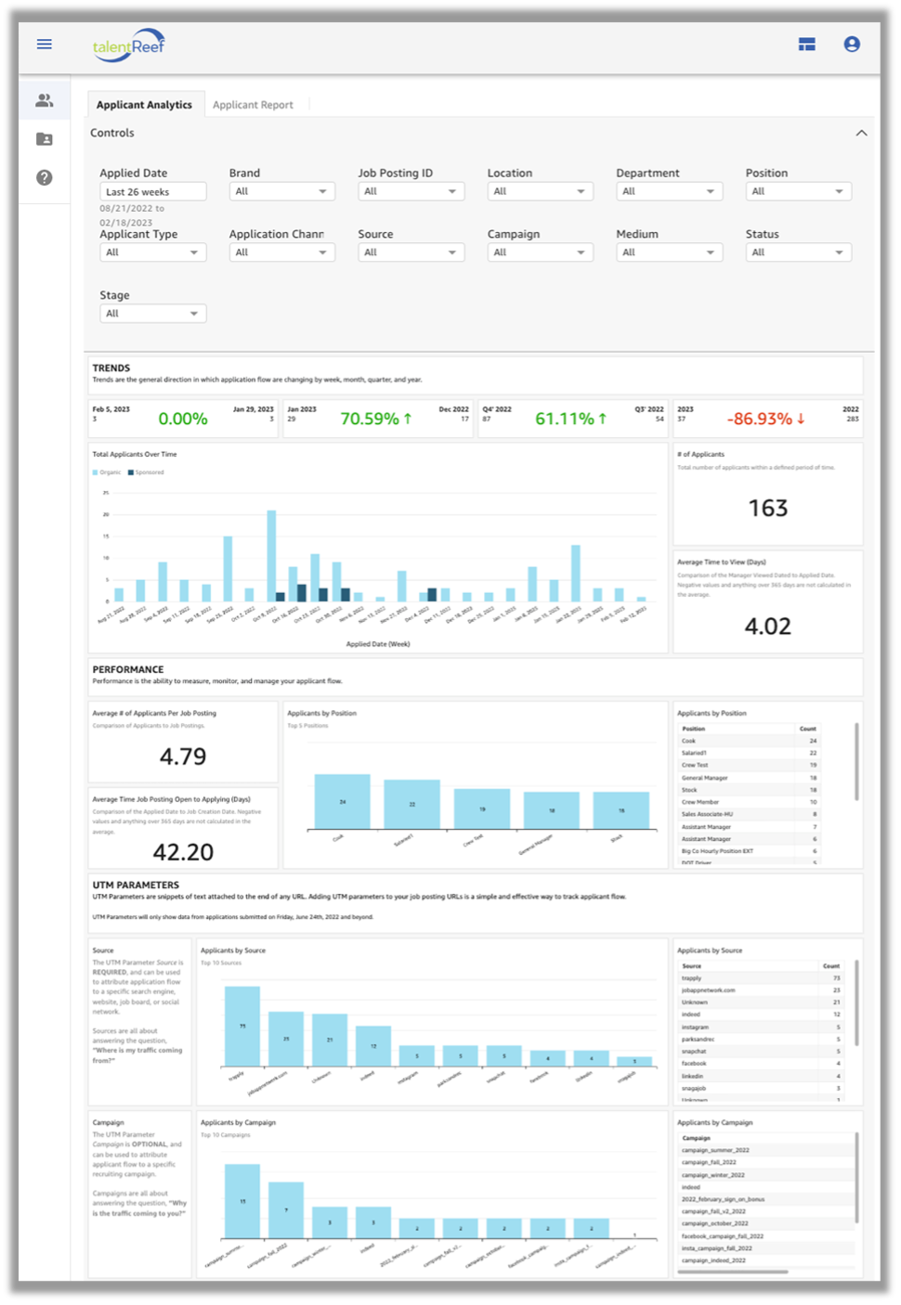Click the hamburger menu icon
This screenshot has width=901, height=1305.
(x=45, y=44)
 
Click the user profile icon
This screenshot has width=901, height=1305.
(x=851, y=44)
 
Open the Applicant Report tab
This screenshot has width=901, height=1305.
(x=253, y=105)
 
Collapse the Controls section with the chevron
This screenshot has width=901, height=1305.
(x=861, y=133)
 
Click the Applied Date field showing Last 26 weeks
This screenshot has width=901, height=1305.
(x=152, y=192)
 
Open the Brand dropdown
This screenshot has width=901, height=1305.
(x=281, y=191)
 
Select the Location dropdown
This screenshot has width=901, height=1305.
(x=540, y=191)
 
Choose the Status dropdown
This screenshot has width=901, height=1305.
(x=798, y=252)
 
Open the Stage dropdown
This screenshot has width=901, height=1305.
(x=152, y=314)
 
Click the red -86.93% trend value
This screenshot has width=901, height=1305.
(x=759, y=419)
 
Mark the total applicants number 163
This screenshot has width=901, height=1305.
(x=767, y=508)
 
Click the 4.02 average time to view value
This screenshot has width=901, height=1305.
(x=767, y=627)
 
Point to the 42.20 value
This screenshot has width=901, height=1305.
(x=183, y=852)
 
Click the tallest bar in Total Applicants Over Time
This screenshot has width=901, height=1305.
(x=271, y=555)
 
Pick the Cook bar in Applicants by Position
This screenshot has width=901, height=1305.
(x=342, y=802)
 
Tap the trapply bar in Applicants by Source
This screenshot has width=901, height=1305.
(x=242, y=1026)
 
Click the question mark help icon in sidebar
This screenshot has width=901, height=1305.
(x=44, y=177)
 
